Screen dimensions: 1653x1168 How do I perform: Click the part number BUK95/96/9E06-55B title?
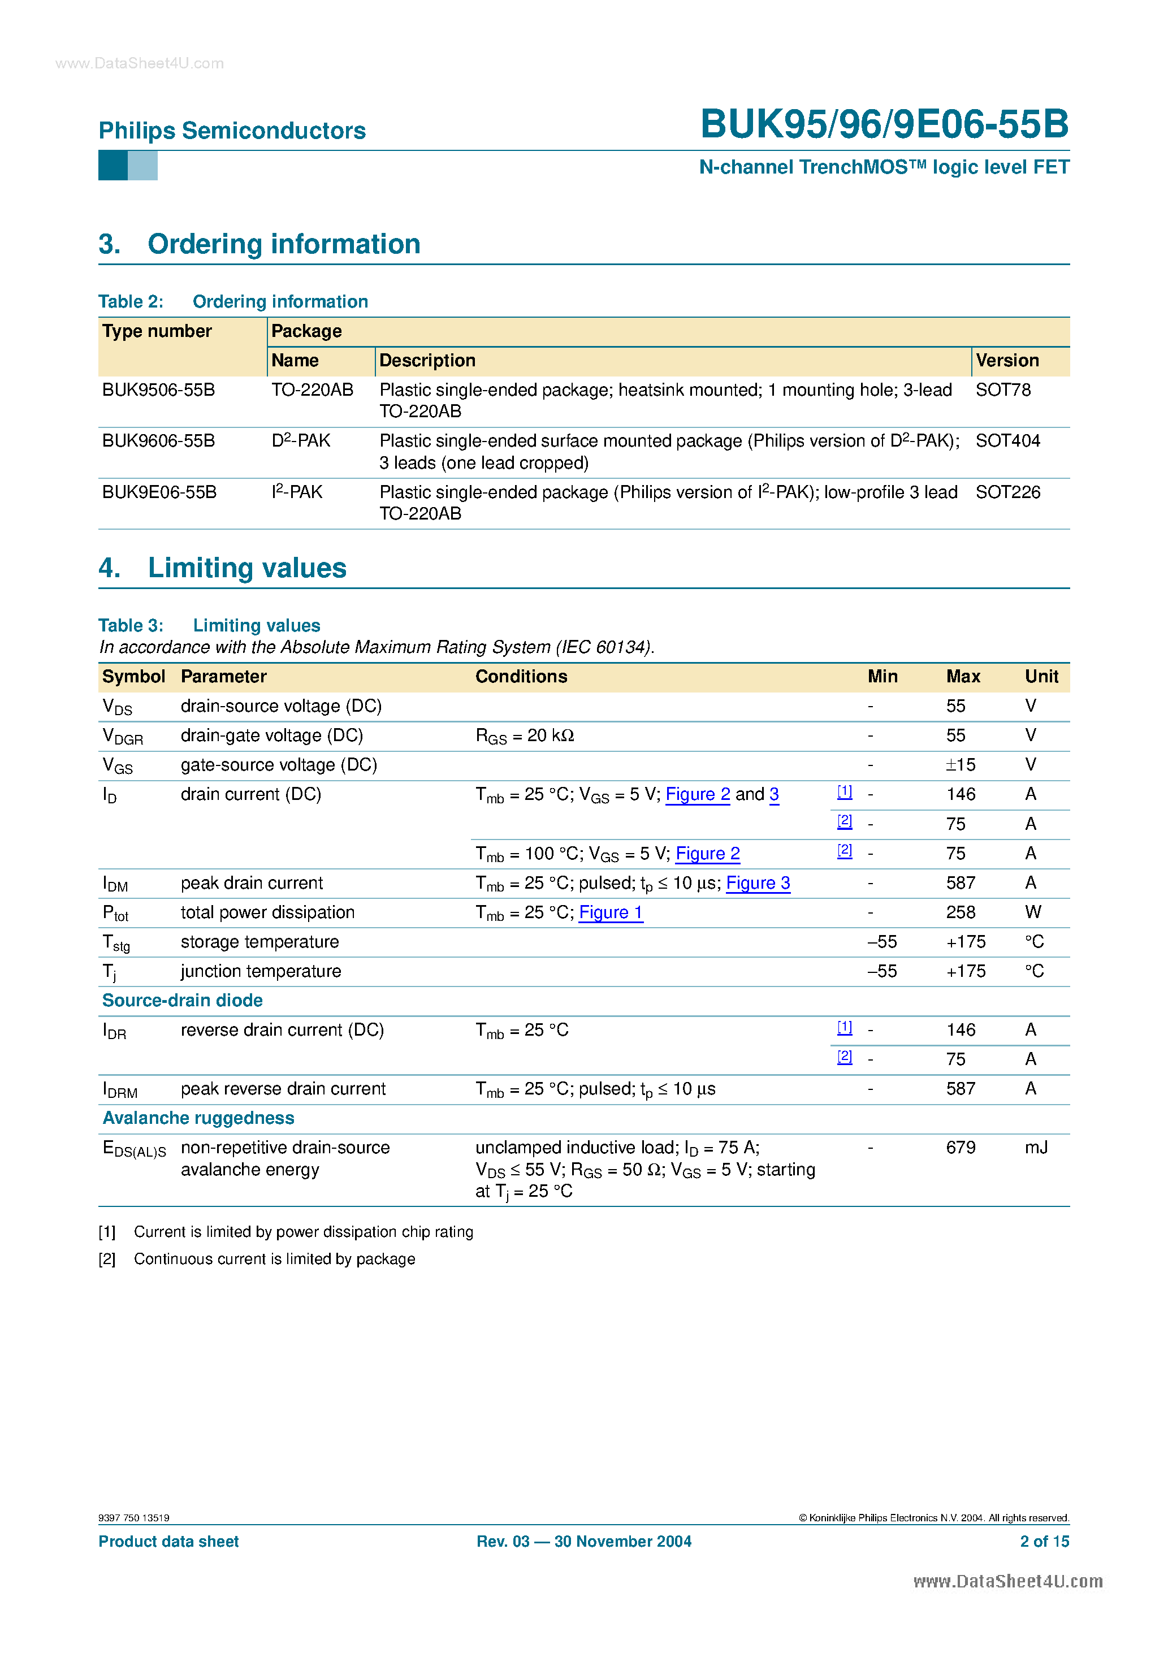(884, 124)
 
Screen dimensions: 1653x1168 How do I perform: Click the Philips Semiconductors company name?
(232, 131)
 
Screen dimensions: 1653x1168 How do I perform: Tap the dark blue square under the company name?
(113, 166)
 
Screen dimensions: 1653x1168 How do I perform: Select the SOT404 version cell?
(1007, 440)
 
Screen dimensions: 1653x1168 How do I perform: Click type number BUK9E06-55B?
(159, 492)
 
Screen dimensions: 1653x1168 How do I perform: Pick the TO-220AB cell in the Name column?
(312, 390)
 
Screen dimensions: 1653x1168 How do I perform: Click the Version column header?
(1007, 360)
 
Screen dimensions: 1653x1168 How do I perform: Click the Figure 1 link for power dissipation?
(610, 912)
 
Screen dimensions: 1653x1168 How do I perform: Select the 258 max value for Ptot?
(960, 912)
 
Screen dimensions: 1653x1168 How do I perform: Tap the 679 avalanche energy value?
(960, 1148)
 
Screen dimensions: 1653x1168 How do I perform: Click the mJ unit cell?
(1036, 1148)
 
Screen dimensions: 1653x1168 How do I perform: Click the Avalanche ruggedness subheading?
(198, 1118)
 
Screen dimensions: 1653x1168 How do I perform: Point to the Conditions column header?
(521, 676)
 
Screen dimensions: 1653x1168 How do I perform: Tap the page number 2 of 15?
(1044, 1542)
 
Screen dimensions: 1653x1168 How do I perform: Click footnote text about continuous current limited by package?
(274, 1259)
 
